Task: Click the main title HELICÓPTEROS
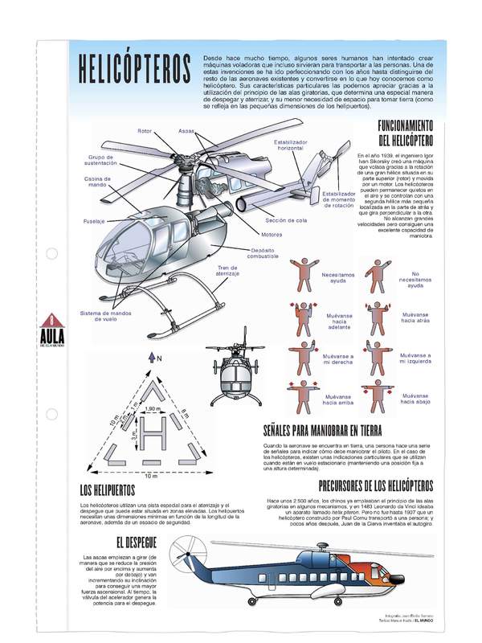point(131,71)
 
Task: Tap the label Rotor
point(145,130)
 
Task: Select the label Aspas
point(186,130)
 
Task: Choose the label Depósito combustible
point(263,253)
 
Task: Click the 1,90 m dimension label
point(153,410)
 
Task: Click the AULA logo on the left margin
point(51,331)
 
